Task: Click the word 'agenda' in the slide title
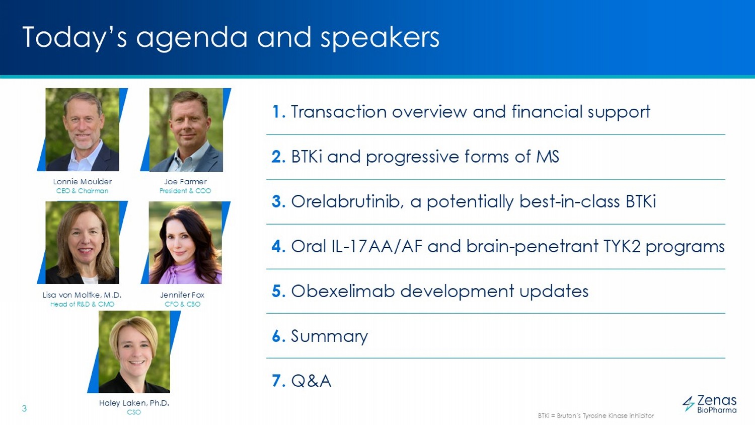191,38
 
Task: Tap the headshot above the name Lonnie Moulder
82,129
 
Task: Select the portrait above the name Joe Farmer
186,129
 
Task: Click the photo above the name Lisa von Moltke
82,243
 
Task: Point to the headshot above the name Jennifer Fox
185,243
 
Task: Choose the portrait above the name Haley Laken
134,352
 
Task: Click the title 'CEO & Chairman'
82,191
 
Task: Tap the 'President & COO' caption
185,191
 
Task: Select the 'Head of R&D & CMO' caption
82,304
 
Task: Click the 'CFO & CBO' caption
182,304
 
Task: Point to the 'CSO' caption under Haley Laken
134,412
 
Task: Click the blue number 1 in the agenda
278,112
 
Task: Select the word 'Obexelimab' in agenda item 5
343,291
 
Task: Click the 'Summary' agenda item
329,336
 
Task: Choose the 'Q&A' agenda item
311,381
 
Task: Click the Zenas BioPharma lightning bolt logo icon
689,403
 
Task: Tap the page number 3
24,409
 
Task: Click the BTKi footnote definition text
595,416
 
